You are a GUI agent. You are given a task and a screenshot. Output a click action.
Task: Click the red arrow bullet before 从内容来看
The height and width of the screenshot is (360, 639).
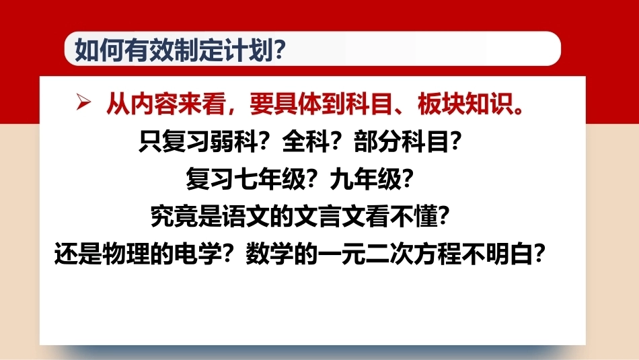83,102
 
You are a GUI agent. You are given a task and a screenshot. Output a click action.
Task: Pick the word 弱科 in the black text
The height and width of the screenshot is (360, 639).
233,142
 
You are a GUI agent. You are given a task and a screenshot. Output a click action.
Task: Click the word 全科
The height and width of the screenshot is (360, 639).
305,142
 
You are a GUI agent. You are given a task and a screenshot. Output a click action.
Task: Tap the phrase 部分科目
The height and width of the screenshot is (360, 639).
402,142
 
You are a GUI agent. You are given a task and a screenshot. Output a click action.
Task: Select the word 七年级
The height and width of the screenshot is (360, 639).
270,179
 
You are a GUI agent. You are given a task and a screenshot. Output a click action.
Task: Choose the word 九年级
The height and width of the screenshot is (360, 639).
365,179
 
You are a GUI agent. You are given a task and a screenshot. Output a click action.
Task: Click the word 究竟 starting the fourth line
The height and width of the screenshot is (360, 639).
174,216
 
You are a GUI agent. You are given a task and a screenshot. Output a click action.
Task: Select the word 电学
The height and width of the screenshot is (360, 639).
198,254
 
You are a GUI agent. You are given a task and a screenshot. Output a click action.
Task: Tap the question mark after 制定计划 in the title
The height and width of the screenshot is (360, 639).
280,50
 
